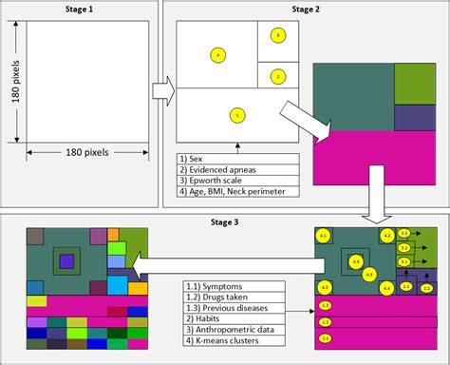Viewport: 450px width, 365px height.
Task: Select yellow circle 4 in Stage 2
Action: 217,56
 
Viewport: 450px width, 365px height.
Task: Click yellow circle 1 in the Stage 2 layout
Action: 235,116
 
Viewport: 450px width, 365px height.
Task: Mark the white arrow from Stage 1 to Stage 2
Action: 163,91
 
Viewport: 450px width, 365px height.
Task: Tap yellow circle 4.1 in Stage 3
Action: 323,235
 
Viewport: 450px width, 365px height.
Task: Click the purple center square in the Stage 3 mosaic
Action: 66,260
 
